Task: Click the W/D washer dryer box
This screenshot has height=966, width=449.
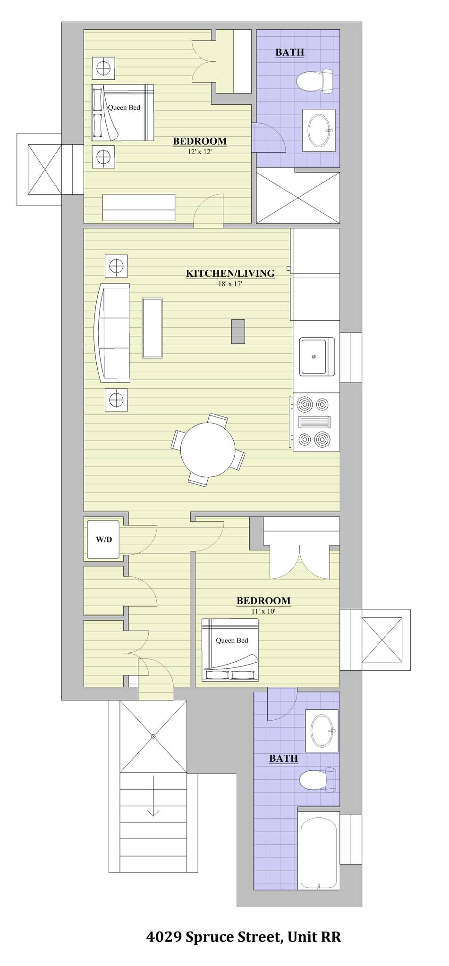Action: (104, 539)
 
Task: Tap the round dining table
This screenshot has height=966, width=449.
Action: (208, 450)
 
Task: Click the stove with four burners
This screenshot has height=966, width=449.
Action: (313, 422)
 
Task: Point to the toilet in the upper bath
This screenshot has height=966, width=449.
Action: (314, 81)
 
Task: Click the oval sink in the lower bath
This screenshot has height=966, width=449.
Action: (322, 730)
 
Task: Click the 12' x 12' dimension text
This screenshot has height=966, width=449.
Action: (200, 151)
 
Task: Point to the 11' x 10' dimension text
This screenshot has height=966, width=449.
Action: (263, 611)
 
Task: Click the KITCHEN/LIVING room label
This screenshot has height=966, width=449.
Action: (230, 273)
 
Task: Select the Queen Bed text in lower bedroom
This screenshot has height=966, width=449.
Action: (232, 640)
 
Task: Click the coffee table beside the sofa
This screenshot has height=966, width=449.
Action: (152, 328)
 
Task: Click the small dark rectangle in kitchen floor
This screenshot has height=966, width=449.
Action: (238, 331)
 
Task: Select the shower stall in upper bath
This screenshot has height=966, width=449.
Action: (297, 198)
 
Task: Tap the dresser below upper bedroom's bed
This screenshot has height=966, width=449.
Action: (139, 208)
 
